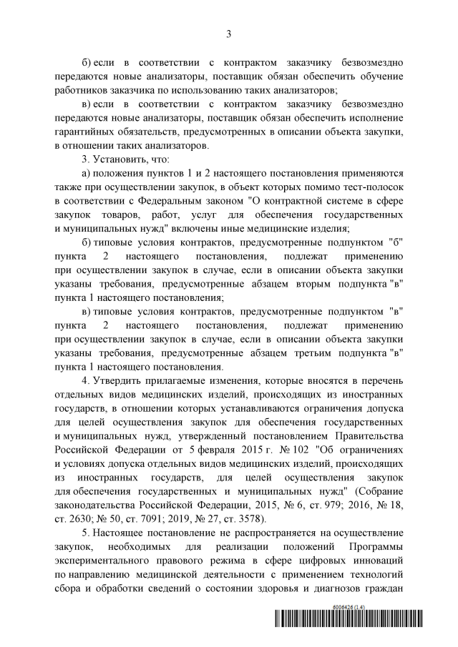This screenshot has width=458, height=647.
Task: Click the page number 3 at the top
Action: [x=228, y=34]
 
